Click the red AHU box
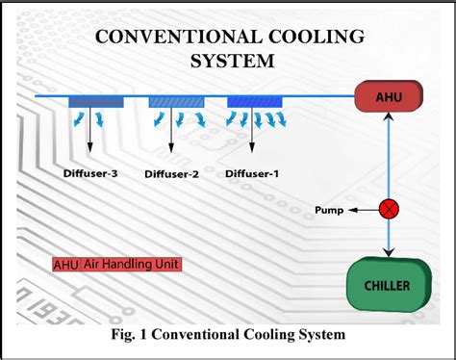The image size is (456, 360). [387, 96]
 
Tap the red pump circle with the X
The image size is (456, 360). [389, 209]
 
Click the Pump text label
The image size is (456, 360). [330, 210]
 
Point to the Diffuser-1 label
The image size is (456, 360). [253, 173]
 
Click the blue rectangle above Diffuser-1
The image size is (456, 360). [254, 101]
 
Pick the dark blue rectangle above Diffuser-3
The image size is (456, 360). [96, 101]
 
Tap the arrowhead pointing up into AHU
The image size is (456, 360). [389, 117]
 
